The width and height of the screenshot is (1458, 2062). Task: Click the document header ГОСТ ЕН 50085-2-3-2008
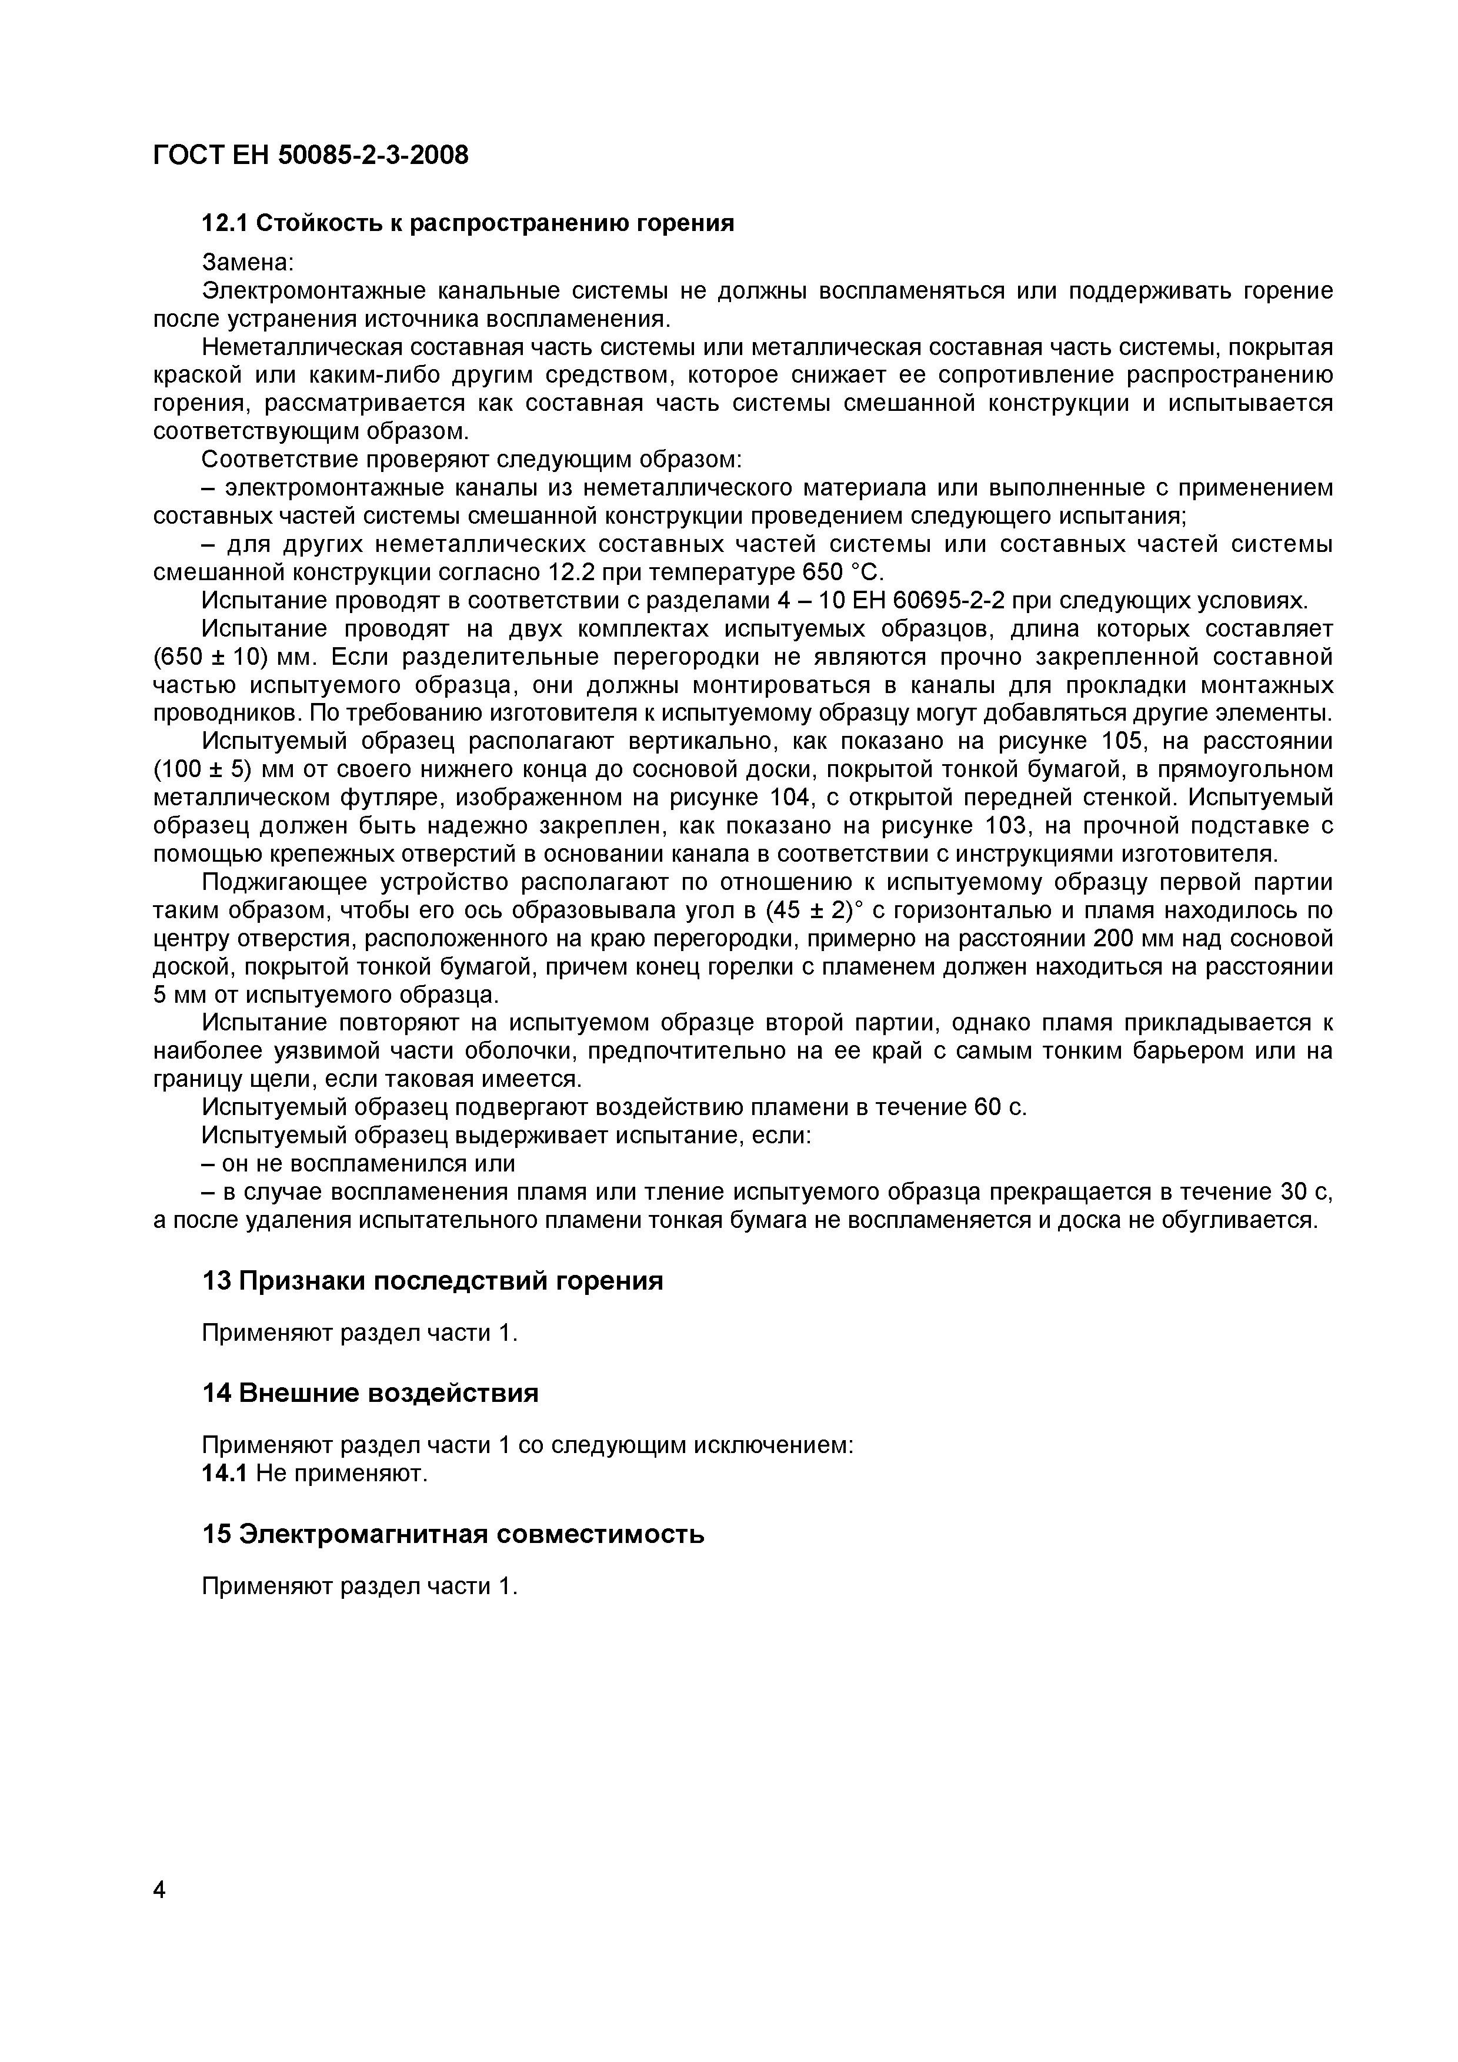[x=311, y=155]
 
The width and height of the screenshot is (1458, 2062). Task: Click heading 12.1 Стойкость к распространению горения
[x=467, y=223]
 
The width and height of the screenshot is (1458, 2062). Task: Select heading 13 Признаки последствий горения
[x=432, y=1281]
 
